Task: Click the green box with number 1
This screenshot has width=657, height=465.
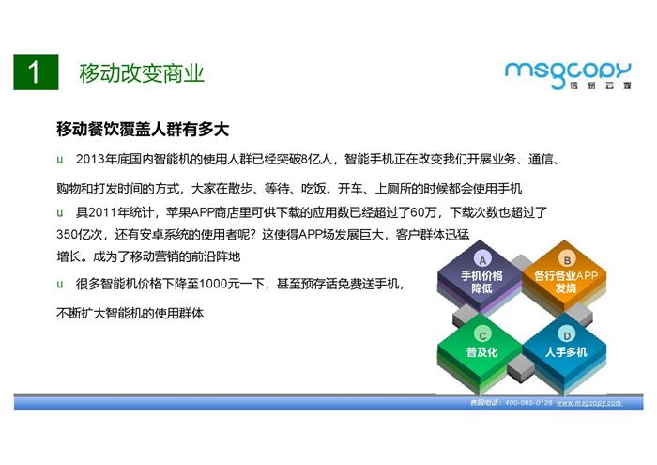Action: tap(36, 72)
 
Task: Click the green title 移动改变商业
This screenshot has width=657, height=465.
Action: tap(142, 73)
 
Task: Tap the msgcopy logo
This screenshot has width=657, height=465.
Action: tap(568, 75)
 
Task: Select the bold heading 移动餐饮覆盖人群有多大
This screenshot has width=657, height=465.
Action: tap(143, 129)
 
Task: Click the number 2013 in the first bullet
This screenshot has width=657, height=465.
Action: tap(90, 160)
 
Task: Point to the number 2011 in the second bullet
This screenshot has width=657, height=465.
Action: tap(103, 212)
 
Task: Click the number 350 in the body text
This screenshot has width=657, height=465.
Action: tap(67, 235)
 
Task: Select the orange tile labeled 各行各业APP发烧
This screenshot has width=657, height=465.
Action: tap(565, 278)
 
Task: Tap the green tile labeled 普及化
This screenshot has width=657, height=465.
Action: tap(481, 351)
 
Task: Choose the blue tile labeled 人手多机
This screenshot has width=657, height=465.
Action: tap(565, 351)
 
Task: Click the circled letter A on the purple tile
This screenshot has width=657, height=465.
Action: tap(482, 260)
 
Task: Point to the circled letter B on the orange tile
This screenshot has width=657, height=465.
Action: tap(567, 260)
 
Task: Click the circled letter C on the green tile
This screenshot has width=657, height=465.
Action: tap(482, 335)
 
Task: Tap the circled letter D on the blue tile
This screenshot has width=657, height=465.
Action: tap(567, 335)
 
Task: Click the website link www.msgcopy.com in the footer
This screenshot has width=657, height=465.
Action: tap(589, 402)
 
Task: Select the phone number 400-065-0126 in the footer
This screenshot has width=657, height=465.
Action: tap(528, 402)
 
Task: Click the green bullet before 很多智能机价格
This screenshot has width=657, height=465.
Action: tap(59, 285)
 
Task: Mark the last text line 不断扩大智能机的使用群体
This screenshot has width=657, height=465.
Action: tap(130, 313)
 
